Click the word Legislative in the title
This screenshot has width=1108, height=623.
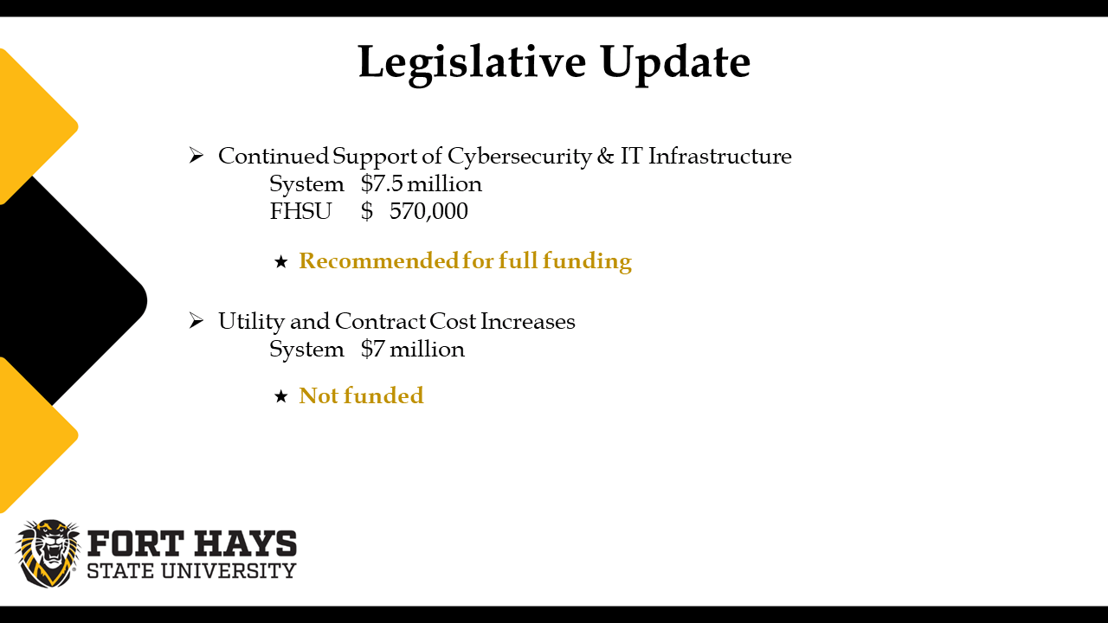click(472, 64)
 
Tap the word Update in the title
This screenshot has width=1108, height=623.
click(675, 64)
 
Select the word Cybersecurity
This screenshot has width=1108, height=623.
click(519, 157)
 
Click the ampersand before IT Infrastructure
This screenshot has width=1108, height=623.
click(605, 156)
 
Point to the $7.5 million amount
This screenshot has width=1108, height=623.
click(422, 184)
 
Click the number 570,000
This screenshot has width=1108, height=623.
click(428, 212)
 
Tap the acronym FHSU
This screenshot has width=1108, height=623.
click(300, 211)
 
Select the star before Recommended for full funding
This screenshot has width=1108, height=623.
click(281, 261)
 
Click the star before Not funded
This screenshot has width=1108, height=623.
click(281, 396)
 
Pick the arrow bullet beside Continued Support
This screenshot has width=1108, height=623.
click(196, 155)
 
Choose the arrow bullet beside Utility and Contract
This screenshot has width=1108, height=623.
click(196, 321)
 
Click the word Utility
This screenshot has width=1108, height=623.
click(251, 322)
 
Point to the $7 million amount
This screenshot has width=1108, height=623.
click(413, 349)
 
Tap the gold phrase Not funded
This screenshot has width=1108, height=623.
click(361, 395)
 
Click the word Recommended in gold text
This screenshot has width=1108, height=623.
click(379, 260)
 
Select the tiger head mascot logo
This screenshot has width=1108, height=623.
click(48, 553)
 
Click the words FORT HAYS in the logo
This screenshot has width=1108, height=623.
click(192, 543)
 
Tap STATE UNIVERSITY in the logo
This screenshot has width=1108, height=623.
click(191, 570)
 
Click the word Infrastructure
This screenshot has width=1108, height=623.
click(719, 156)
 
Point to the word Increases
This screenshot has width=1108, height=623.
click(528, 321)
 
